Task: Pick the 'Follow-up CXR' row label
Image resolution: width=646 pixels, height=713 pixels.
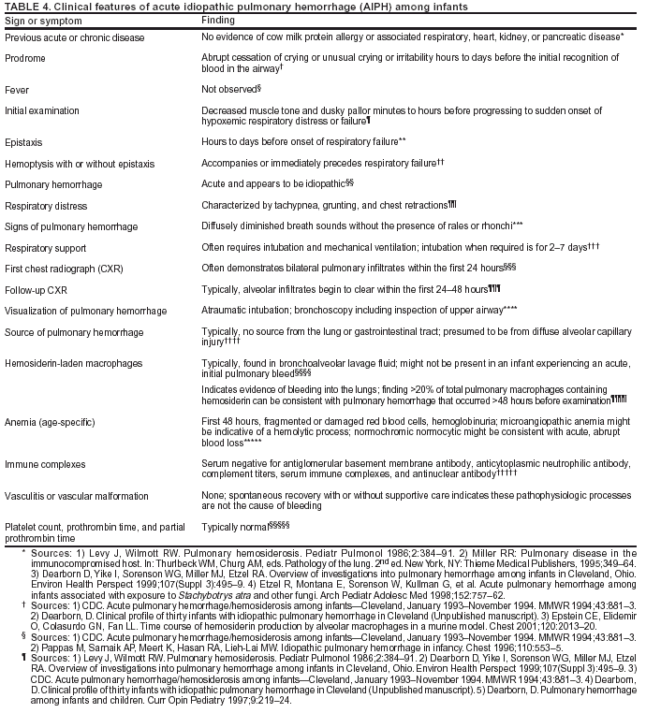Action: point(37,290)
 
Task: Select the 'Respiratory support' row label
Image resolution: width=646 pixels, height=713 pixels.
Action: point(46,248)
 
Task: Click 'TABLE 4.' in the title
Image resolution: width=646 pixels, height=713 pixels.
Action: point(22,6)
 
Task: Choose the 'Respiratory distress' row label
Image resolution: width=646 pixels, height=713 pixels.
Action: point(48,205)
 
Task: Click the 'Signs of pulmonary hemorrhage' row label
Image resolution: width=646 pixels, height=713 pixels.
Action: point(71,226)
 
